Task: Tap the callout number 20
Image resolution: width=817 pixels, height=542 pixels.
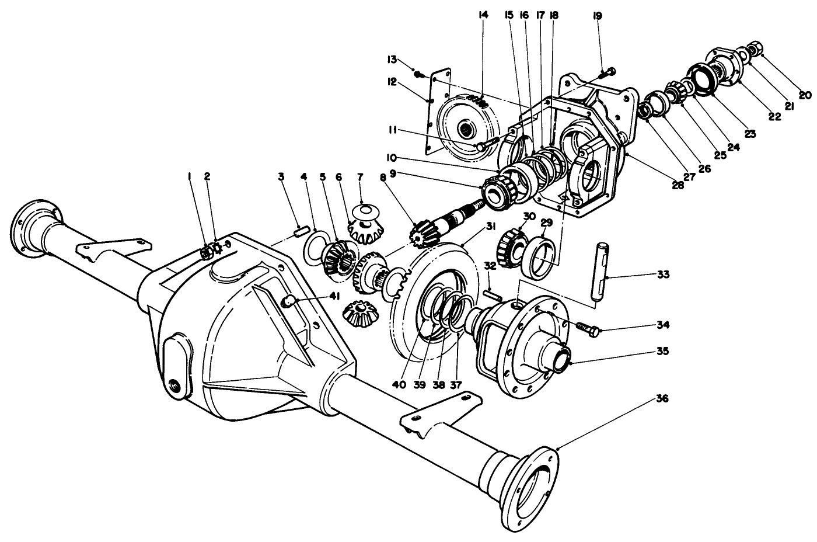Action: tap(805, 95)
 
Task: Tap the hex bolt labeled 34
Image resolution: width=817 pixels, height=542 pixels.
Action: tap(586, 328)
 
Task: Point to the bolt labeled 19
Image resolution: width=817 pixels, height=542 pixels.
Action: tap(607, 72)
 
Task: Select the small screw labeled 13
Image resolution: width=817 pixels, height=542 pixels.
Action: tap(418, 74)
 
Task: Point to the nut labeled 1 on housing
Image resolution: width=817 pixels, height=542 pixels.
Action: tap(205, 252)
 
